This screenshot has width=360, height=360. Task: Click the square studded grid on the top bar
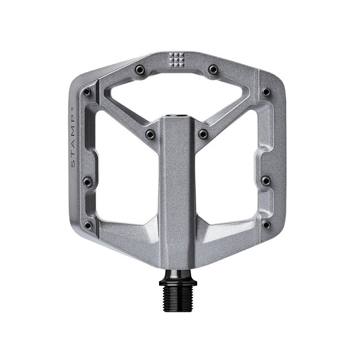pos(176,60)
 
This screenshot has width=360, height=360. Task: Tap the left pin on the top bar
pos(140,69)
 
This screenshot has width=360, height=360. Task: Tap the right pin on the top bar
pos(213,69)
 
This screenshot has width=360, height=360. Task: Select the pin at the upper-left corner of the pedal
pos(87,92)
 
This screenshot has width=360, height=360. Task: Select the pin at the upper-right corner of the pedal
pos(266,92)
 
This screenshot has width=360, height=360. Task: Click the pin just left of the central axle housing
pos(150,134)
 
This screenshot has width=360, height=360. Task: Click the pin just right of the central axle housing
pos(203,134)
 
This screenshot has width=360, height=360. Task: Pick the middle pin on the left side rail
pos(87,181)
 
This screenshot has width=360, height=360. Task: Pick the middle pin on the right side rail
pos(266,181)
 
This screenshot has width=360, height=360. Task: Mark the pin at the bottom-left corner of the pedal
pos(88,225)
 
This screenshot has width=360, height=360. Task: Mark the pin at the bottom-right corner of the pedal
pos(266,224)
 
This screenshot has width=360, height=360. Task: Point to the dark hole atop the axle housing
pos(177,117)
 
